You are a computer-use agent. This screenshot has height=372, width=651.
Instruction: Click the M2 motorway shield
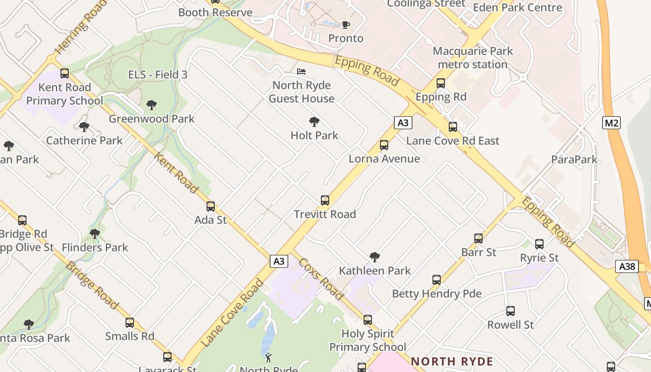pyautogui.click(x=611, y=123)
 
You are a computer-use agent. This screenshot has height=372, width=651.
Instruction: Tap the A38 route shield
pyautogui.click(x=627, y=266)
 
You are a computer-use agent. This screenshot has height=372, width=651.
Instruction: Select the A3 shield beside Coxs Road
pyautogui.click(x=279, y=261)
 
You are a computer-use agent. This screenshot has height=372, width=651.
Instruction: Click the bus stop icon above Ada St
pyautogui.click(x=211, y=206)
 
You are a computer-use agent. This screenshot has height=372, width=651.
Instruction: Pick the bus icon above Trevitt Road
pyautogui.click(x=325, y=200)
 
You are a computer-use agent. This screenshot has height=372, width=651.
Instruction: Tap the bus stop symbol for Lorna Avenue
pyautogui.click(x=384, y=145)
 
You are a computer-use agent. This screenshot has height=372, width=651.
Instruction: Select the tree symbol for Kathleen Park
pyautogui.click(x=375, y=257)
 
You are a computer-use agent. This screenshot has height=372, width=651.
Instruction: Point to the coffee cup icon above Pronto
pyautogui.click(x=345, y=25)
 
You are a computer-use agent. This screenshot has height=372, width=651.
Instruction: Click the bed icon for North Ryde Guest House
pyautogui.click(x=301, y=72)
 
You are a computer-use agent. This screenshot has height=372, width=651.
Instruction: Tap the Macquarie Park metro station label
pyautogui.click(x=472, y=58)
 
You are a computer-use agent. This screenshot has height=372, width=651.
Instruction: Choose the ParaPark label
pyautogui.click(x=574, y=159)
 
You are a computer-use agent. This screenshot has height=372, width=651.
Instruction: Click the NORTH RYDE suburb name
pyautogui.click(x=452, y=361)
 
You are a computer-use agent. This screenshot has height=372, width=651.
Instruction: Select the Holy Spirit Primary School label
pyautogui.click(x=368, y=340)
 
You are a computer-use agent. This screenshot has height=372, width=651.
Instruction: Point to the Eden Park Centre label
pyautogui.click(x=517, y=8)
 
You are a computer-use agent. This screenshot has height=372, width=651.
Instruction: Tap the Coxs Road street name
pyautogui.click(x=321, y=279)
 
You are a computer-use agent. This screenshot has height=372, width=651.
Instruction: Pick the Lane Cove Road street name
pyautogui.click(x=232, y=313)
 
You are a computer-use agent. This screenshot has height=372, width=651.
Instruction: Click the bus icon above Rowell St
pyautogui.click(x=511, y=311)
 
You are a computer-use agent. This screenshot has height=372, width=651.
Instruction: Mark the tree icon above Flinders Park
pyautogui.click(x=95, y=234)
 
